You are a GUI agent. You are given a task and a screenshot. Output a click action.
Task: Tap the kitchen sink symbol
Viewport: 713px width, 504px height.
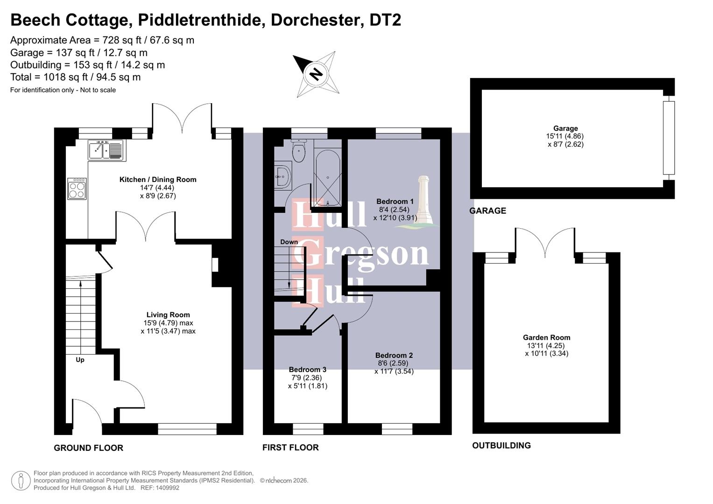pyautogui.click(x=106, y=150)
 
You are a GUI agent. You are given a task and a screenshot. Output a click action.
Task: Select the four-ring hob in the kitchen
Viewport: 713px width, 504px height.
pyautogui.click(x=77, y=189)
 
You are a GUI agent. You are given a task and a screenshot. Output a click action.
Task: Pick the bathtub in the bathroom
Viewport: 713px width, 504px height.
pyautogui.click(x=328, y=177)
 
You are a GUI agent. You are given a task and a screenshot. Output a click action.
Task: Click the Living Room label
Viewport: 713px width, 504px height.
pyautogui.click(x=168, y=315)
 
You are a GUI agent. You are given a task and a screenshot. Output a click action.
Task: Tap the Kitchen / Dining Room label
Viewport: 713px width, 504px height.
pyautogui.click(x=158, y=179)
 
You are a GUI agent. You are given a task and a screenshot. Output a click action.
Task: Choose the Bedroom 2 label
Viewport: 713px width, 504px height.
pyautogui.click(x=394, y=355)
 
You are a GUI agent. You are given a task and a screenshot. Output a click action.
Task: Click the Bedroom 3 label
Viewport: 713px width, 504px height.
pyautogui.click(x=307, y=369)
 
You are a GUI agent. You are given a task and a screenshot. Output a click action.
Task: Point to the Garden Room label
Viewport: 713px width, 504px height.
pyautogui.click(x=546, y=337)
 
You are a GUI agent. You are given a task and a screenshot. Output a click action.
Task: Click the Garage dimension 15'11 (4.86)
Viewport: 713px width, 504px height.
pyautogui.click(x=565, y=136)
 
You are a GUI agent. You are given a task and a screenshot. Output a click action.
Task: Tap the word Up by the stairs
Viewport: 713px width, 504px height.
pyautogui.click(x=80, y=360)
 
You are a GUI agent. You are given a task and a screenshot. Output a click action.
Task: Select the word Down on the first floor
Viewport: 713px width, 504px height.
pyautogui.click(x=289, y=242)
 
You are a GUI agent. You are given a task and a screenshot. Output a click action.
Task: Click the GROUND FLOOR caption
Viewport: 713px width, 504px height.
pyautogui.click(x=88, y=448)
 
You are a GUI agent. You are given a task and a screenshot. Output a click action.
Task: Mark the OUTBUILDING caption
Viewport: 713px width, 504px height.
pyautogui.click(x=501, y=446)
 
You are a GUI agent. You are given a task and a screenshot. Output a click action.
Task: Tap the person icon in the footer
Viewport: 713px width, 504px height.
pyautogui.click(x=21, y=481)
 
